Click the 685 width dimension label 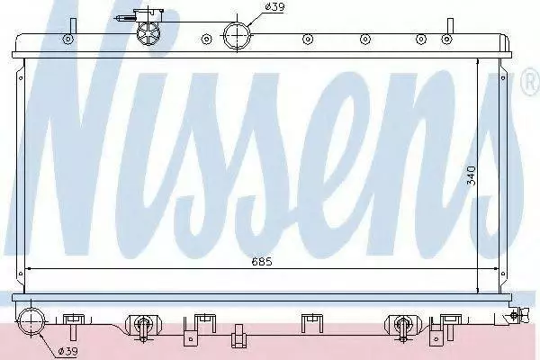click(262, 262)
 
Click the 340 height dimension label click(471, 175)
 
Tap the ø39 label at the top click(274, 7)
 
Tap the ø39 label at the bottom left click(67, 351)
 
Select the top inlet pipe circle click(237, 35)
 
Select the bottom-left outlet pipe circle click(31, 322)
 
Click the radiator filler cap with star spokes click(148, 33)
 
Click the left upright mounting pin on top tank click(73, 25)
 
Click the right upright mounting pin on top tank click(451, 25)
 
